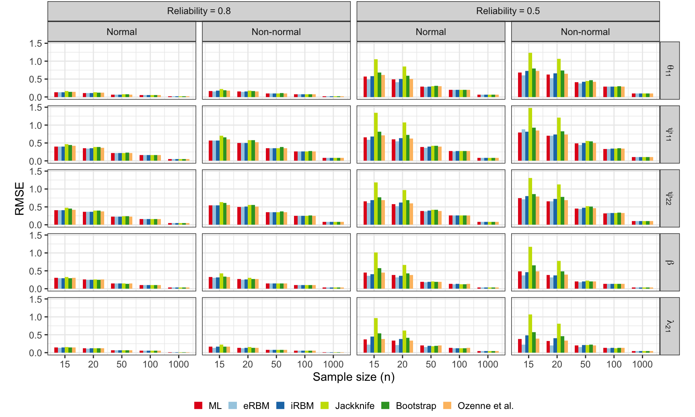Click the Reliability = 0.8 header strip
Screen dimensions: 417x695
pyautogui.click(x=199, y=11)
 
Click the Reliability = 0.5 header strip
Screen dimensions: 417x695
pyautogui.click(x=508, y=11)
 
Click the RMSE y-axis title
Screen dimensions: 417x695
pyautogui.click(x=19, y=198)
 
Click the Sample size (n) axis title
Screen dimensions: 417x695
pyautogui.click(x=354, y=377)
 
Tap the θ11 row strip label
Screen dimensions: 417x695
pyautogui.click(x=670, y=71)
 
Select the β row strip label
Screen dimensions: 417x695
pyautogui.click(x=670, y=262)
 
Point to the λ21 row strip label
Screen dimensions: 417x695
pyautogui.click(x=670, y=326)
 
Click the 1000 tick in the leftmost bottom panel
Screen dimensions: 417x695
pyautogui.click(x=179, y=364)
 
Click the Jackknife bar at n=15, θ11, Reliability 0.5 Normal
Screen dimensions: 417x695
pyautogui.click(x=376, y=78)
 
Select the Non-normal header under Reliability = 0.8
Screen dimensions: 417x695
pyautogui.click(x=276, y=32)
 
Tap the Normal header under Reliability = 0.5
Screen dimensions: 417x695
pyautogui.click(x=430, y=32)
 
